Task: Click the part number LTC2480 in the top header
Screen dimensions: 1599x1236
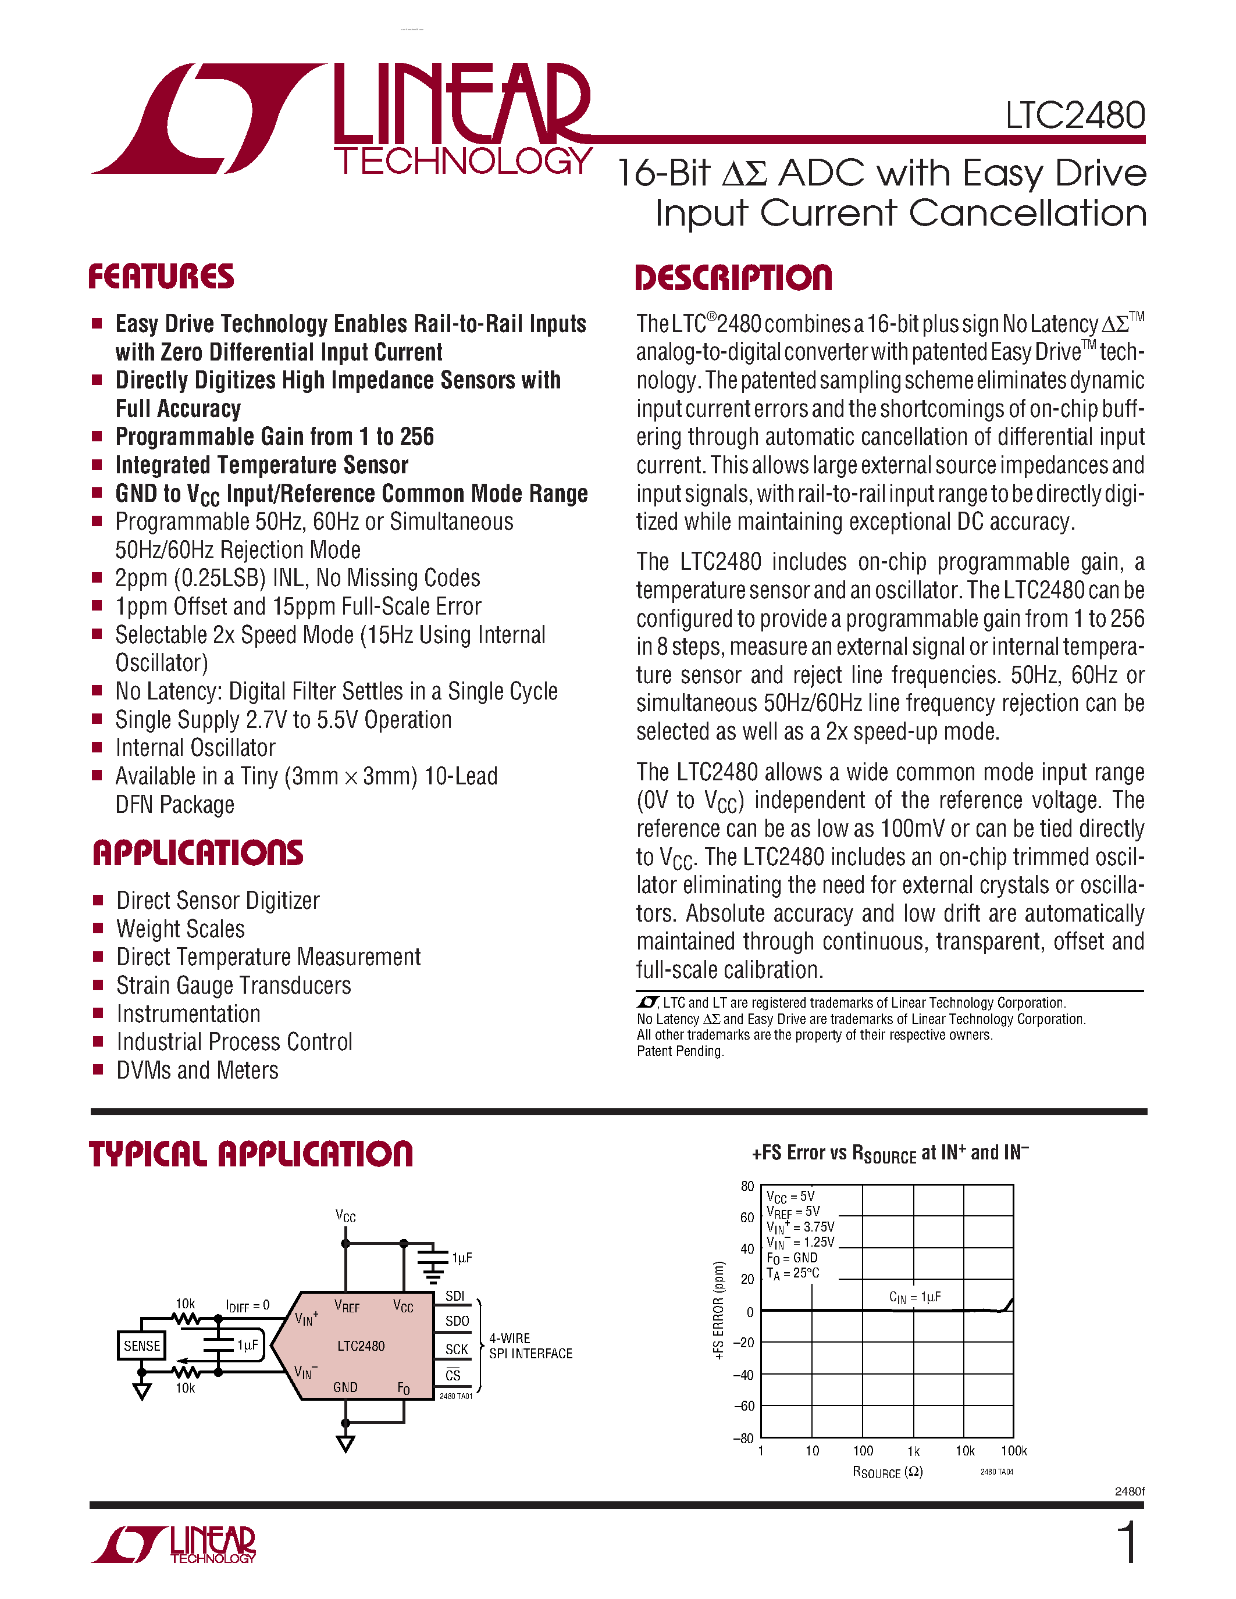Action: point(1074,116)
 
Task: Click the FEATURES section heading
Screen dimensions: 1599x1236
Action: point(161,277)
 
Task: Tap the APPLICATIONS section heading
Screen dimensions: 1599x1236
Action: point(198,854)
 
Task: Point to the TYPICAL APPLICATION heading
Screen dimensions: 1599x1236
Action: point(251,1154)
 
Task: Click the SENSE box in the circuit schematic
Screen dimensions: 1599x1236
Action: point(141,1345)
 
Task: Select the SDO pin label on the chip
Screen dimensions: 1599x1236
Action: point(457,1321)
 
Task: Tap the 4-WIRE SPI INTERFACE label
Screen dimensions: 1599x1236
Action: point(530,1345)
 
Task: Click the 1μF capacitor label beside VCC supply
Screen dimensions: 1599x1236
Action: point(462,1258)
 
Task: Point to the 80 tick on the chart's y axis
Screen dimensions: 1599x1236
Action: point(747,1186)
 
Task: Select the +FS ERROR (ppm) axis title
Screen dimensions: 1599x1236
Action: point(719,1311)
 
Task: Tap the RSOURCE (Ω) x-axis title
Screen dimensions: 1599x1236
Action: point(888,1472)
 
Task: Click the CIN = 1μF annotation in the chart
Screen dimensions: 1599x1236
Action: point(914,1297)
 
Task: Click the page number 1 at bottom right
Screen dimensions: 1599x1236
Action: point(1128,1543)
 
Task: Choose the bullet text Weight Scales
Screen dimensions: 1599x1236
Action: point(180,929)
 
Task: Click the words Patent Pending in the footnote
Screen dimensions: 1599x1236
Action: point(679,1051)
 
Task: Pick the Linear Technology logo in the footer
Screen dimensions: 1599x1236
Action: point(173,1544)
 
